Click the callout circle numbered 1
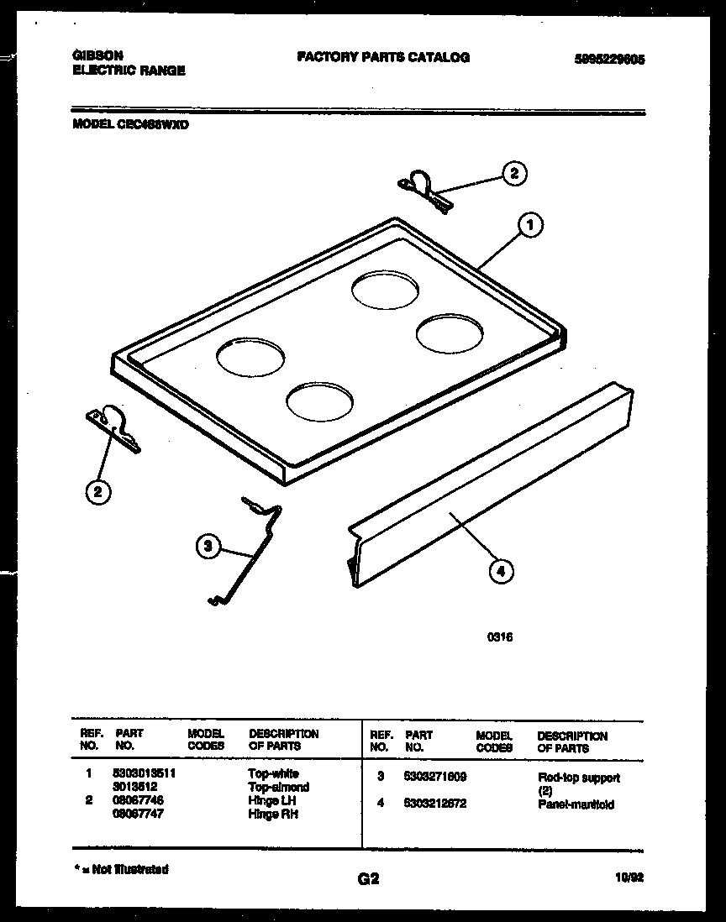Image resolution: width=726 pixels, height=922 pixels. [529, 224]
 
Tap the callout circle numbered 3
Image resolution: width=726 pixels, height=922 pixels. [207, 547]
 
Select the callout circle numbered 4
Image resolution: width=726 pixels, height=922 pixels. [500, 572]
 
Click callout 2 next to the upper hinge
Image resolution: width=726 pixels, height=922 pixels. [514, 174]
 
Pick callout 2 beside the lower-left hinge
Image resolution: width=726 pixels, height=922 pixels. [98, 492]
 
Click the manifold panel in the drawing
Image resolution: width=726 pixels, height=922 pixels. [492, 504]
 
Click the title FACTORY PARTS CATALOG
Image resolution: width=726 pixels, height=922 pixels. [382, 57]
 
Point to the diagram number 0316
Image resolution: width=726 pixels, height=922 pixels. [500, 637]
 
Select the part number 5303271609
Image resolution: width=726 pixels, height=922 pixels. [435, 777]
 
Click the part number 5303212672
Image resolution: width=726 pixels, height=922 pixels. [435, 804]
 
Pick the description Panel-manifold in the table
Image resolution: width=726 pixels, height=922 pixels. [576, 804]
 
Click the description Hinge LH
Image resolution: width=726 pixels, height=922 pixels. [272, 800]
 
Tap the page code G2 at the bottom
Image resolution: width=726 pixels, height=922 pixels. [368, 879]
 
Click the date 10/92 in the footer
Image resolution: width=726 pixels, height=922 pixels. [629, 876]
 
